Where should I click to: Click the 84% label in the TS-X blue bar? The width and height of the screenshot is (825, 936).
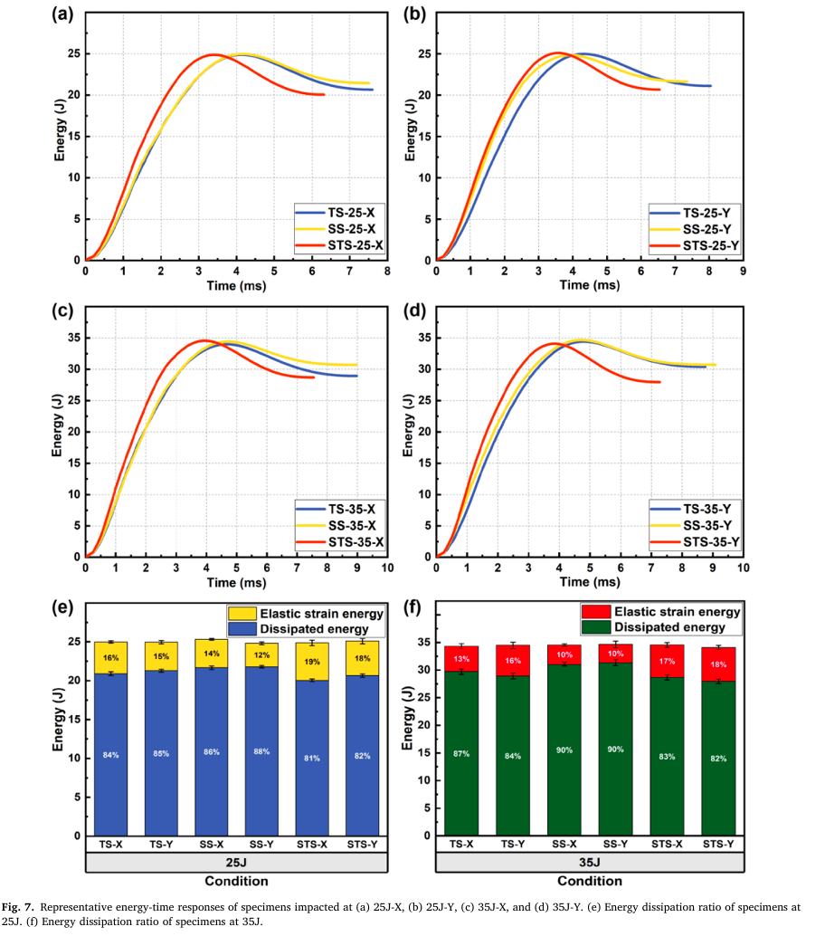pos(110,754)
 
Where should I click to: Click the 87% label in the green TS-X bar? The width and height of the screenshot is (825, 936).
pos(461,753)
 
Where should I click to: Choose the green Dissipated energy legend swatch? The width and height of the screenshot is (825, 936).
pos(596,627)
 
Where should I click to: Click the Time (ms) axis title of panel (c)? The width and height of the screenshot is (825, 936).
pos(235,581)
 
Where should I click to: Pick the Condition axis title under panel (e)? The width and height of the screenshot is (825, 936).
pos(236,881)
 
